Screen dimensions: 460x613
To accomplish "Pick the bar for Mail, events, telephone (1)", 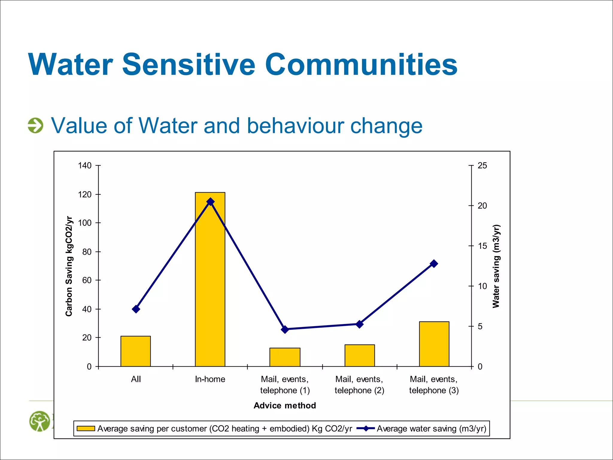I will tap(285, 357).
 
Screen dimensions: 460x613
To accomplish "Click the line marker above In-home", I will tap(210, 202).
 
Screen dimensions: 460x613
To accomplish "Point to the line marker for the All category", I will tap(136, 309).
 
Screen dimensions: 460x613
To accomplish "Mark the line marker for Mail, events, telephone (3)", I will tap(434, 264).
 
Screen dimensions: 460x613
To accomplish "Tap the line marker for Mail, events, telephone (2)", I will tap(359, 324).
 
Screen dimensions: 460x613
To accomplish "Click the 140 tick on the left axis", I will tap(85, 165).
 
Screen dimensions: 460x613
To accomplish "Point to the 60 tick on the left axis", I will tap(87, 280).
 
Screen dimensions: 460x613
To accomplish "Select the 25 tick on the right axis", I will tap(482, 165).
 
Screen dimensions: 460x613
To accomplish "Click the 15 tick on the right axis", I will tap(482, 246).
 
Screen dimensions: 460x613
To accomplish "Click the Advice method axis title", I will tap(285, 405).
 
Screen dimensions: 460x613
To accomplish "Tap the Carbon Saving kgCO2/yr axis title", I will tap(69, 266).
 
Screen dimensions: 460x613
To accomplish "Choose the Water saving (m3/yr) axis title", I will tap(496, 266).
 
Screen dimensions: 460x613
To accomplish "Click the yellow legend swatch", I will tap(86, 429).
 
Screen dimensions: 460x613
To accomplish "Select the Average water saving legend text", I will tap(431, 429).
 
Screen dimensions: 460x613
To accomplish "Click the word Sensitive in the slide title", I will tap(189, 64).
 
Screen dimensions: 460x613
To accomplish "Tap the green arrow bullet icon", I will tap(36, 125).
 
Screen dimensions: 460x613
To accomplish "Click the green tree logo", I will tap(40, 421).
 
